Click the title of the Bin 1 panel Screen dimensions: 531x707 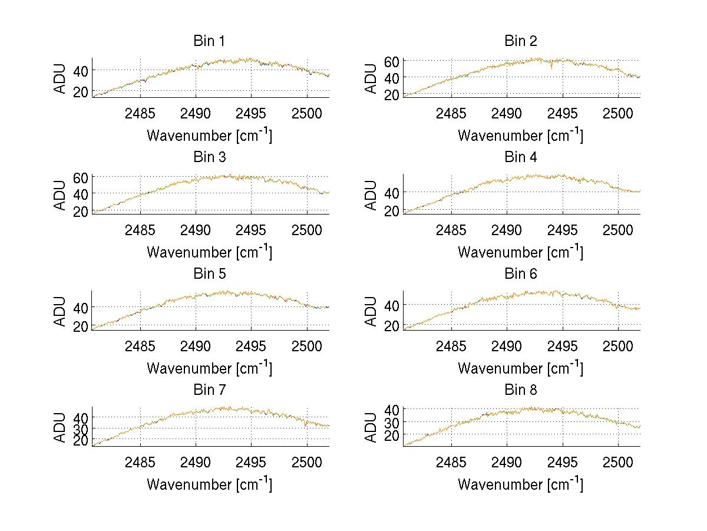(209, 41)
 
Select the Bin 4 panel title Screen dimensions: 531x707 (521, 157)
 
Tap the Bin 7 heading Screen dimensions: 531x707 (209, 390)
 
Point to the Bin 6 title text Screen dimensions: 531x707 (521, 274)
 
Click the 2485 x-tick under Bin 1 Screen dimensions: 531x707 (140, 113)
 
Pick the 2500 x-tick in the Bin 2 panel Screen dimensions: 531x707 (618, 113)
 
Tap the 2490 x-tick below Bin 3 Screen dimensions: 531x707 (196, 229)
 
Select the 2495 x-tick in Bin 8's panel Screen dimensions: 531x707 (563, 462)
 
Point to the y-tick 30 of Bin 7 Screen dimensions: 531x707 (81, 428)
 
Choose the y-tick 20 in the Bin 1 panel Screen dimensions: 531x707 (81, 91)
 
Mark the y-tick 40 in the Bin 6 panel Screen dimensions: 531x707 (392, 305)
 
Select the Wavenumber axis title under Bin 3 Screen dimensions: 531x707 (209, 252)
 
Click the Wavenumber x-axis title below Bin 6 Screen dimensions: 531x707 (521, 368)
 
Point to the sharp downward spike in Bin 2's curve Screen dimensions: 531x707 (551, 68)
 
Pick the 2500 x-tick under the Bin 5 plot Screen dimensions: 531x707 (307, 346)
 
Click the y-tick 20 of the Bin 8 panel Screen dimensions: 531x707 (392, 435)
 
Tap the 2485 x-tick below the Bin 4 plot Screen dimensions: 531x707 (451, 229)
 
